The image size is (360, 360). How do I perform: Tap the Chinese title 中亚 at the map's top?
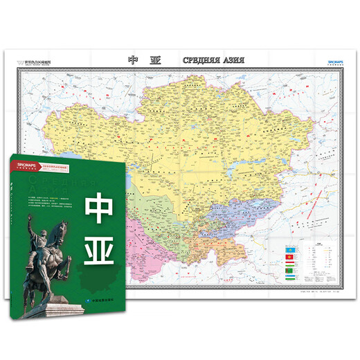[144, 60]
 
